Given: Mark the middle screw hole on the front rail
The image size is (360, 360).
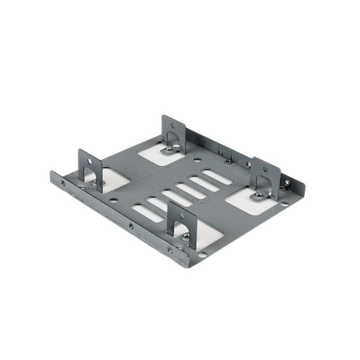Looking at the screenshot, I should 131,226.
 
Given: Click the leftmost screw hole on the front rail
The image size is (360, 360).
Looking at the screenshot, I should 63,183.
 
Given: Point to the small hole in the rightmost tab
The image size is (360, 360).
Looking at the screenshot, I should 265,168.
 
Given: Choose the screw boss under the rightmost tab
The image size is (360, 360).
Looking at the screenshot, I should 258,196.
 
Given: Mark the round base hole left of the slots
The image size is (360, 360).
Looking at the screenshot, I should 113,199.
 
